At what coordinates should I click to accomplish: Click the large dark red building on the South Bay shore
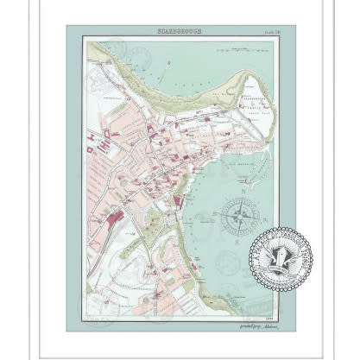(180, 200)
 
